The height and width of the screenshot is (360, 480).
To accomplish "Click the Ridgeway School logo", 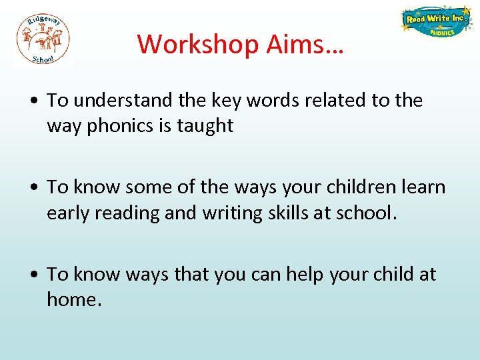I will point(43,40).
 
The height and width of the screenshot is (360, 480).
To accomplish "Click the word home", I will point(73,299).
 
